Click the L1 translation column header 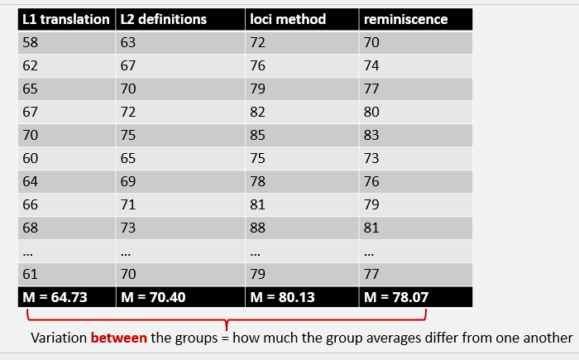point(65,19)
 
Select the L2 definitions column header point(163,19)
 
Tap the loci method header point(288,19)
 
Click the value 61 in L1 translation point(31,274)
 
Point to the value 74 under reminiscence point(372,65)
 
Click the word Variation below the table point(59,338)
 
